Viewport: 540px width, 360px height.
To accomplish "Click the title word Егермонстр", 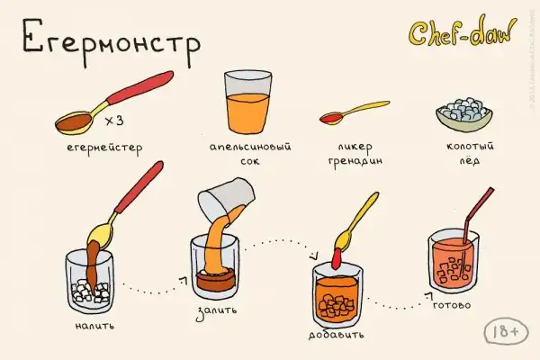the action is coord(111,42).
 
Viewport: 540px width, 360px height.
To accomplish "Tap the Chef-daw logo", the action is coord(463,32).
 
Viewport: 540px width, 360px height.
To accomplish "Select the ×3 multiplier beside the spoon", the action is coord(114,121).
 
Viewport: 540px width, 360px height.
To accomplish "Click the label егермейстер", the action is coord(104,148).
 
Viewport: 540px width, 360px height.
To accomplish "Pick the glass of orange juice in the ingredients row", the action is coord(247,102).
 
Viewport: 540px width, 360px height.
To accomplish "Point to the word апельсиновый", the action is coord(250,147).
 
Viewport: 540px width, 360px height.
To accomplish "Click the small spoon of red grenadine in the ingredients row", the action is coord(354,112).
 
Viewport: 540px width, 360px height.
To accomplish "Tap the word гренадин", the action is coord(355,161).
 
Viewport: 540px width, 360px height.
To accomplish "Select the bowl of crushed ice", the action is coord(463,114).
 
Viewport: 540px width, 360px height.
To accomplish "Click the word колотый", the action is coord(470,146).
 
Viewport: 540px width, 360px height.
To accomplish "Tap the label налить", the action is coord(94,326).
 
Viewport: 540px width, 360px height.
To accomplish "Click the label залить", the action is coord(217,311).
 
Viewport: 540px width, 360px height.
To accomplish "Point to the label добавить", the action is coord(336,335).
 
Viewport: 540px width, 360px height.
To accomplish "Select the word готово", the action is coord(452,305).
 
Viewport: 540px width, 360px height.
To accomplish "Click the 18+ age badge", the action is coord(506,331).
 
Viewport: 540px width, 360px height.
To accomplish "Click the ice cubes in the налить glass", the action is coord(90,291).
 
